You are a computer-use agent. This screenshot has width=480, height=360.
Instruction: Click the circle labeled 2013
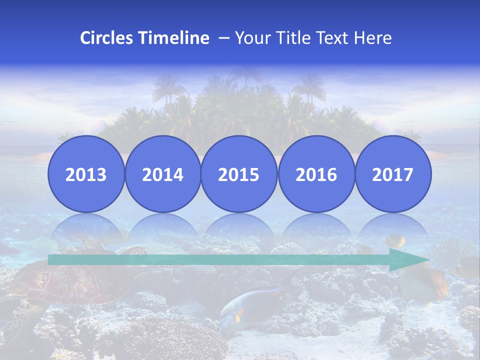click(x=86, y=174)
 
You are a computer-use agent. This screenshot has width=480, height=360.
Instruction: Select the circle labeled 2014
click(x=162, y=174)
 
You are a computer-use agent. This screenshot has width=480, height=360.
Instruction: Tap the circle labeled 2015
click(x=239, y=174)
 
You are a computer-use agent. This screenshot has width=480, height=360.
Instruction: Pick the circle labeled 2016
click(x=316, y=174)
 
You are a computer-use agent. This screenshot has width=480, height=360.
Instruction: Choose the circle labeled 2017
click(x=393, y=174)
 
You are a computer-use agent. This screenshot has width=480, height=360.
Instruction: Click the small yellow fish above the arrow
click(x=395, y=240)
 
